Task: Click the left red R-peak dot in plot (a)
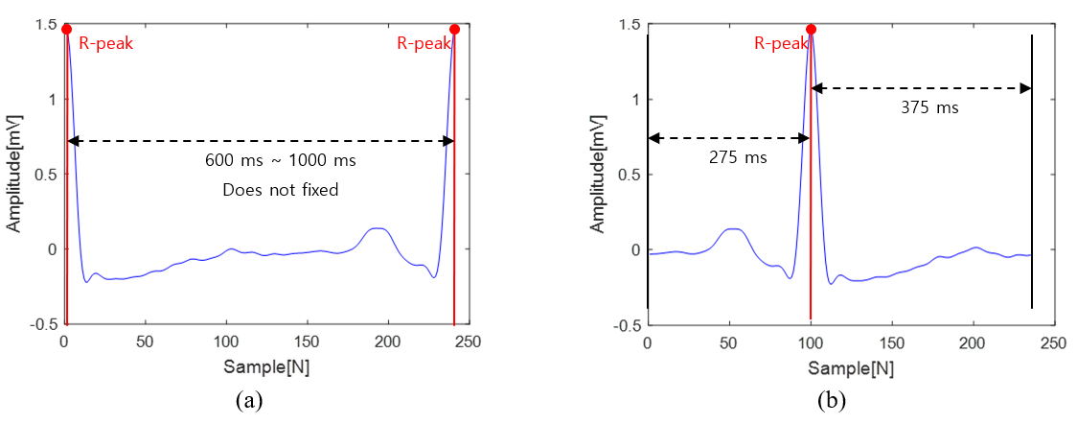click(67, 29)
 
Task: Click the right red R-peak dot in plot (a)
click(454, 29)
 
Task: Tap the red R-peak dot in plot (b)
click(812, 29)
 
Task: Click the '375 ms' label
click(929, 107)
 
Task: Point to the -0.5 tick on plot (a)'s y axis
click(43, 324)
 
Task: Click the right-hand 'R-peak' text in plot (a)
click(420, 43)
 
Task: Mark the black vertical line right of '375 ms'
click(1032, 173)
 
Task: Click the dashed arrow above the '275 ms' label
click(728, 138)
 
